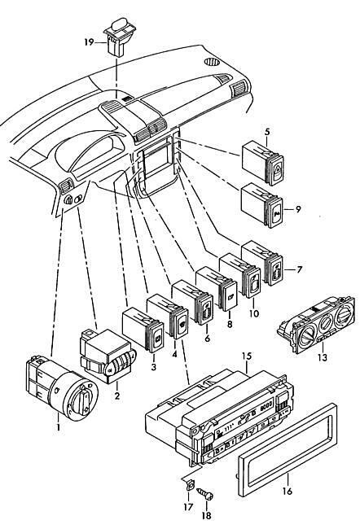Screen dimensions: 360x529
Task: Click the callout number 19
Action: tap(89, 43)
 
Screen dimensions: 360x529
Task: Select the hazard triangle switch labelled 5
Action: tap(263, 164)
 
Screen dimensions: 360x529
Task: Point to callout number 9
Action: tap(297, 209)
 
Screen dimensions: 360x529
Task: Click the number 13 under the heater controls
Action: tap(323, 357)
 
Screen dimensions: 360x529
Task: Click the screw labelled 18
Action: tap(206, 495)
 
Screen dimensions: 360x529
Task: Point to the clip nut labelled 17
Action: tap(190, 486)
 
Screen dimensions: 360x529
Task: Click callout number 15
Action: tap(247, 356)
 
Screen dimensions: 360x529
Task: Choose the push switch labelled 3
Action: tap(143, 330)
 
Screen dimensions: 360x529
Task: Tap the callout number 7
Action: tap(299, 269)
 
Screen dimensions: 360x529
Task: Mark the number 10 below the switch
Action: tap(254, 313)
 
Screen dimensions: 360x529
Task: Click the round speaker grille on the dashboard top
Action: tap(212, 62)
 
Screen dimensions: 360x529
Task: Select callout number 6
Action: tap(207, 338)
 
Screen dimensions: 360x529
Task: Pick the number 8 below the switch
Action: tap(230, 324)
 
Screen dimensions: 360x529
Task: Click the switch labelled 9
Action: tap(262, 205)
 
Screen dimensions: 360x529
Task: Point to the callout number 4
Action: tap(174, 355)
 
